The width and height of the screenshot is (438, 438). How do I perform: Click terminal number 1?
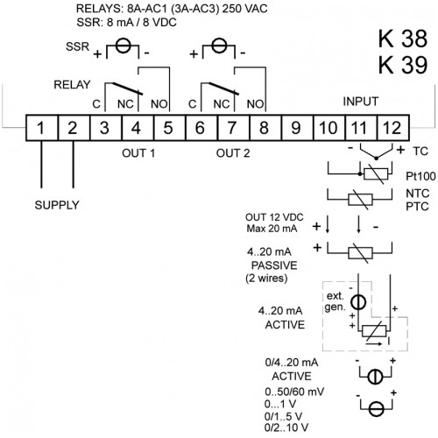point(40,128)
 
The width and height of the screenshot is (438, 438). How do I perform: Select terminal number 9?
point(296,128)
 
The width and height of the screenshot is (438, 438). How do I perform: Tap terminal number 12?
point(392,128)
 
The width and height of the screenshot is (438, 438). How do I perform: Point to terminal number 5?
point(168,128)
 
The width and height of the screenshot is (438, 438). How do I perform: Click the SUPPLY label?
point(57,205)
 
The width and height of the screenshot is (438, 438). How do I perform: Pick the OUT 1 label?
point(138,153)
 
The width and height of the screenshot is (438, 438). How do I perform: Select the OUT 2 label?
point(233,153)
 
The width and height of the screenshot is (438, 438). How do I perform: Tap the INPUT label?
point(361,102)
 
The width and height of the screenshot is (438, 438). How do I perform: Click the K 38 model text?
point(403,39)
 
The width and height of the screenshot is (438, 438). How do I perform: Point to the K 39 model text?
point(403,65)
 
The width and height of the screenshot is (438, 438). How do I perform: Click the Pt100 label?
point(420,176)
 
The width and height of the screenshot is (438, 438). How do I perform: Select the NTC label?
point(418,193)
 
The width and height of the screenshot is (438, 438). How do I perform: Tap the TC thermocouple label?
point(420,152)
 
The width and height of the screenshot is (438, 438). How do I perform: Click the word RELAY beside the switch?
point(72,85)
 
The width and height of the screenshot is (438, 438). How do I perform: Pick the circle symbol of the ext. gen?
point(358,302)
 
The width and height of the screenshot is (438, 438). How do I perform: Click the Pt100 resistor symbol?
point(375,174)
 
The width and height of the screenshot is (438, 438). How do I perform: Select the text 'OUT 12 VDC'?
point(274,217)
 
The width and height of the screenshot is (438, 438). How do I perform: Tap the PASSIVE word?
point(274,265)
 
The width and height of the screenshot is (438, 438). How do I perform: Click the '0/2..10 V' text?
point(286,427)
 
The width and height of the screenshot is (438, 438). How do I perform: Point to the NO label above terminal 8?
point(255,104)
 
